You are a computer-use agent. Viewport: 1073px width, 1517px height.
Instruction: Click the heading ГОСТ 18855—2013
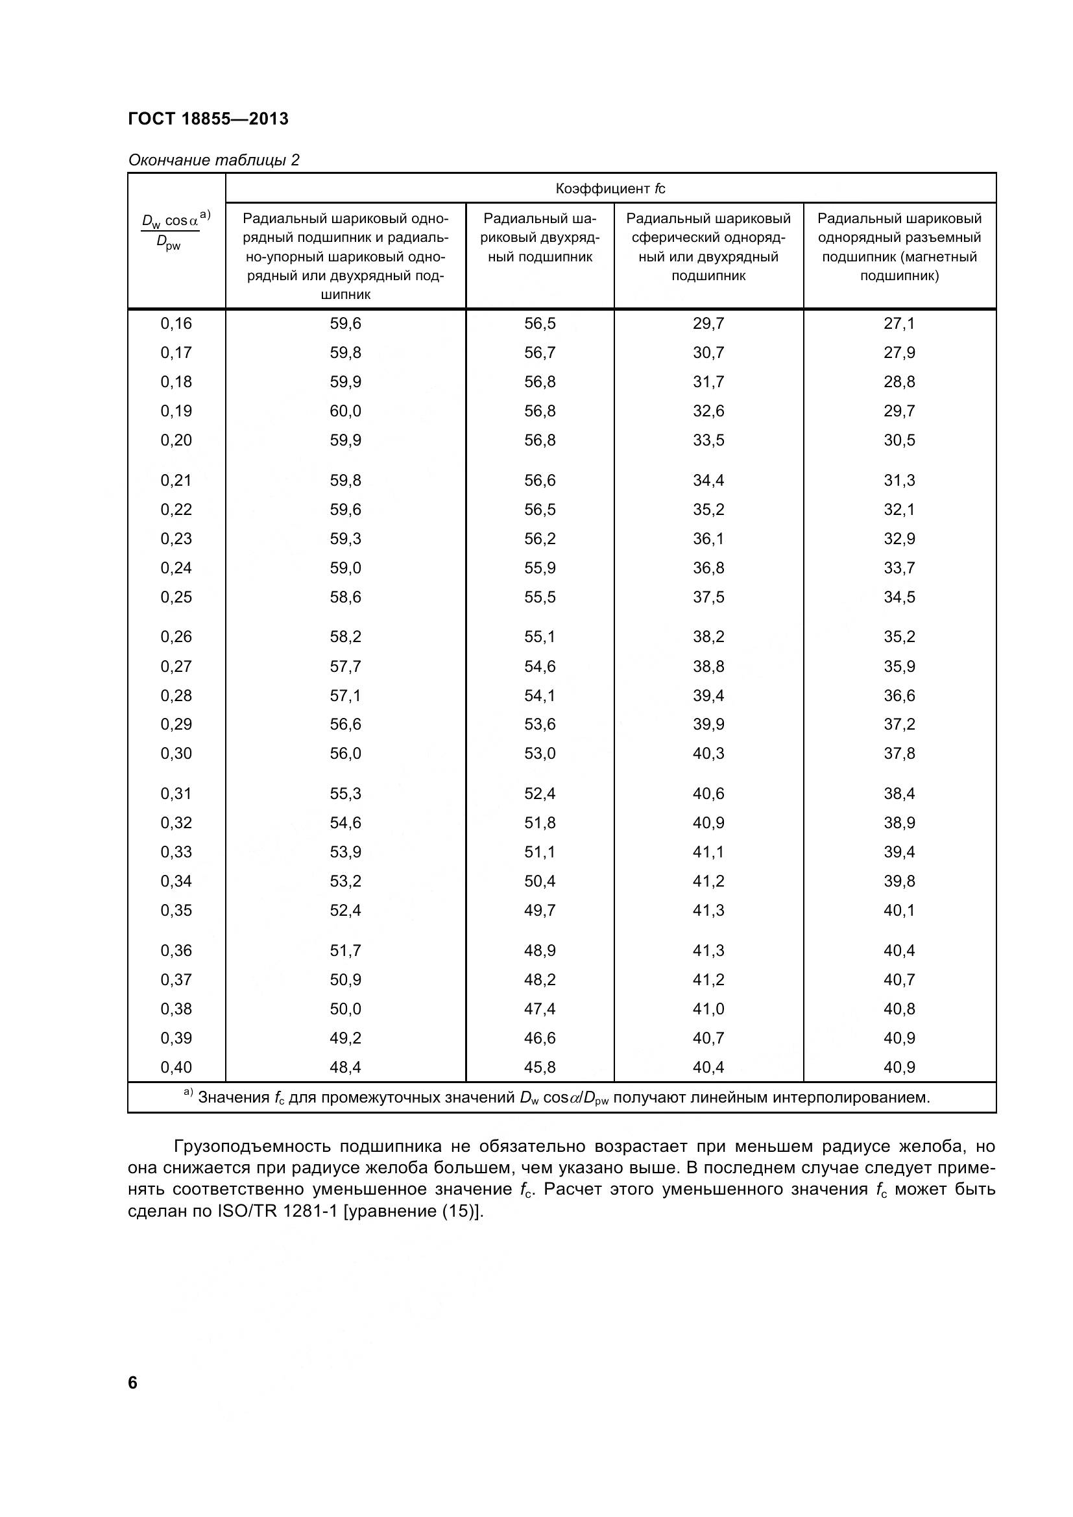(x=208, y=119)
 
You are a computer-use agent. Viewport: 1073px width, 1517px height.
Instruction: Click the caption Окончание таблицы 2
(x=213, y=160)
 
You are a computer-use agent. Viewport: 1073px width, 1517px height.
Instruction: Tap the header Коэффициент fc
(x=610, y=189)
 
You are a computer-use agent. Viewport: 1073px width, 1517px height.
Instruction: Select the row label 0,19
(x=176, y=411)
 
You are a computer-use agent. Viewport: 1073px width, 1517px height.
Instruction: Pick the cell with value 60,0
(x=346, y=411)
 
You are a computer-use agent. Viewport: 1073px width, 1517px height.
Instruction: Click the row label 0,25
(x=176, y=597)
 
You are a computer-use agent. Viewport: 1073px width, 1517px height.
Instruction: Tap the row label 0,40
(x=176, y=1067)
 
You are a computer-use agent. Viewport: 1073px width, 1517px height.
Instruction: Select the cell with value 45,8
(x=540, y=1067)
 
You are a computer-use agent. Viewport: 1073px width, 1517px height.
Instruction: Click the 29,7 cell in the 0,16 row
(x=708, y=324)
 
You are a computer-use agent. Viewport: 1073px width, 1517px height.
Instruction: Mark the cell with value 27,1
(x=899, y=324)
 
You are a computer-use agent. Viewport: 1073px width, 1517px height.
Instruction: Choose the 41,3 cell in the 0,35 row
(x=708, y=911)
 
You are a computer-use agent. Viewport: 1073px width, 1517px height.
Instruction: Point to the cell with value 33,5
(x=708, y=440)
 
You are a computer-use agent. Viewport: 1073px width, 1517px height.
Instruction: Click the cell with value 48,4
(x=346, y=1067)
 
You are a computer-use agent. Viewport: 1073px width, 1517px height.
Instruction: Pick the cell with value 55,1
(x=540, y=637)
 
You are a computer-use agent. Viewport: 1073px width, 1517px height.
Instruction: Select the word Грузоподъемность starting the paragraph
(x=251, y=1146)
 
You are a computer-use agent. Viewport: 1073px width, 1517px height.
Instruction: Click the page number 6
(x=133, y=1383)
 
